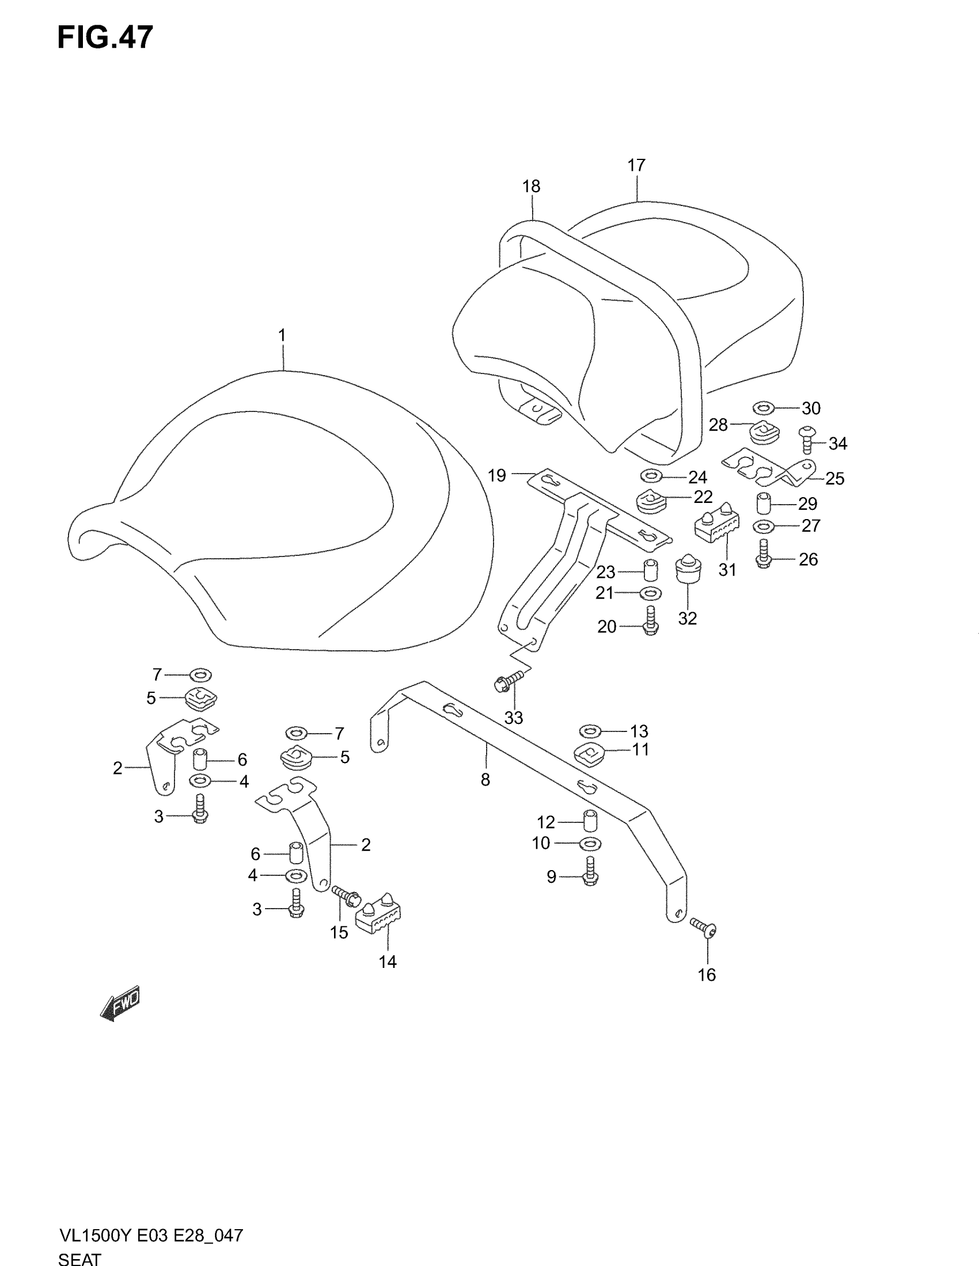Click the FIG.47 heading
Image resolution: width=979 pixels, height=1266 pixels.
click(105, 37)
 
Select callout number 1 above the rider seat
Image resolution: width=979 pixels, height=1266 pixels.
click(282, 335)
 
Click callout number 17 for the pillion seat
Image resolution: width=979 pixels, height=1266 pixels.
click(636, 166)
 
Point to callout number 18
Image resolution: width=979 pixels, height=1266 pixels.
click(532, 186)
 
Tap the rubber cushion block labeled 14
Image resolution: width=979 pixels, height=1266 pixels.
click(380, 918)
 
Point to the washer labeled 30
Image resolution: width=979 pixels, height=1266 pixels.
click(764, 409)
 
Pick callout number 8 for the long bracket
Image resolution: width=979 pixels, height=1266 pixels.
click(485, 780)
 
